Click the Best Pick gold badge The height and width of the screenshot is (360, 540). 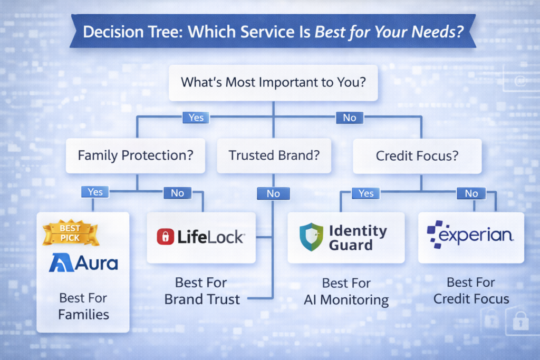pos(70,233)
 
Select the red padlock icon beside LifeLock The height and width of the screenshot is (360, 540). pos(165,237)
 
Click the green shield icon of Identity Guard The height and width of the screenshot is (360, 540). pos(311,237)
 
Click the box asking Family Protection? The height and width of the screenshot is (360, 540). pos(135,155)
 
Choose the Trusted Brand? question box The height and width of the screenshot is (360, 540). pos(273,155)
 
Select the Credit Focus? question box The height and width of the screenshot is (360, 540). pos(417,155)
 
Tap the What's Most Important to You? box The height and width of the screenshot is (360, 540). pos(273,82)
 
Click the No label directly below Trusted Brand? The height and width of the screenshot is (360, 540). pos(273,193)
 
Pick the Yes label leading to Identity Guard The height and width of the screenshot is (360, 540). pos(365,193)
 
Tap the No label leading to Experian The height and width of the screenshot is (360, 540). pos(471,193)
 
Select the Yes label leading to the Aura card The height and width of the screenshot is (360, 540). pos(95,192)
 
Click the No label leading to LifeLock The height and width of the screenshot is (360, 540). pos(177,193)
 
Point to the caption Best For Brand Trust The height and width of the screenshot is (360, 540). pos(202,291)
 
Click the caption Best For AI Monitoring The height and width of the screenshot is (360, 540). pos(346,292)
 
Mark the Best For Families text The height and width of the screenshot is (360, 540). pos(83,307)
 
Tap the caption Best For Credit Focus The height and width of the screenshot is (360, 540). pos(471,291)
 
